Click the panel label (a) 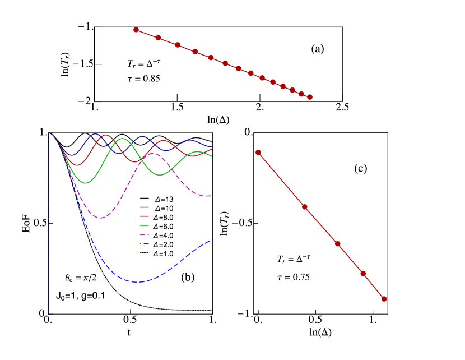(x=318, y=49)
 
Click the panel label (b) (x=188, y=277)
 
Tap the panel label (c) (x=361, y=168)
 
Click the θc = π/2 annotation (x=81, y=277)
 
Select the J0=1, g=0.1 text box (x=81, y=296)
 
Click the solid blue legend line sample (x=145, y=207)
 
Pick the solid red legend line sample (x=145, y=216)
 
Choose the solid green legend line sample (x=145, y=225)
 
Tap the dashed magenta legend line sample (x=145, y=234)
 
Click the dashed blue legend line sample (x=145, y=243)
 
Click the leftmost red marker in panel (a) (x=136, y=30)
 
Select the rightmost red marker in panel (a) (x=309, y=97)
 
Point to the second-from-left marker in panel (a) (x=158, y=38)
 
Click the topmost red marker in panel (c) (x=258, y=153)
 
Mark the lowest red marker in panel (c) (x=384, y=299)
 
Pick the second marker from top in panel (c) (x=305, y=207)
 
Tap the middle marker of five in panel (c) (x=338, y=243)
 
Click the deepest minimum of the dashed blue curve (x=138, y=281)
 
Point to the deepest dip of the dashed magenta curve (x=101, y=218)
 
